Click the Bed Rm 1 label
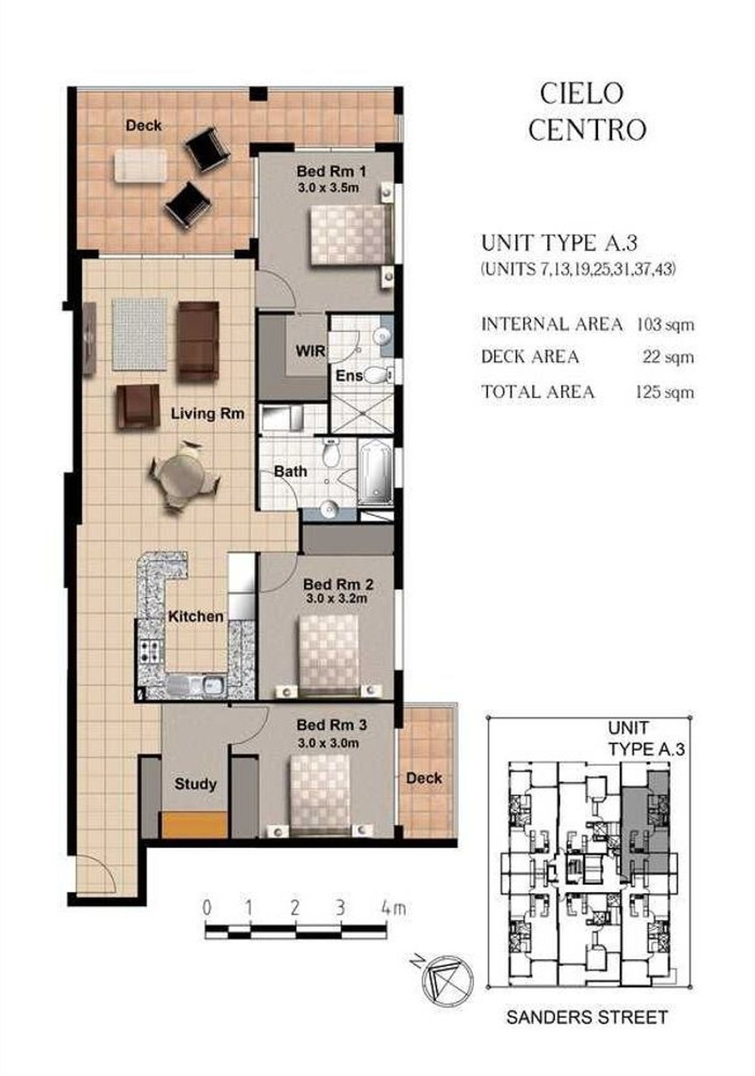331,171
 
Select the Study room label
196,784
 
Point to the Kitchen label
196,617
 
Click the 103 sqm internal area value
664,324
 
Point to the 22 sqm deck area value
668,357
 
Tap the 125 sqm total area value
664,392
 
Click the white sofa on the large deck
140,165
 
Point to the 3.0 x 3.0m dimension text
328,743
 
